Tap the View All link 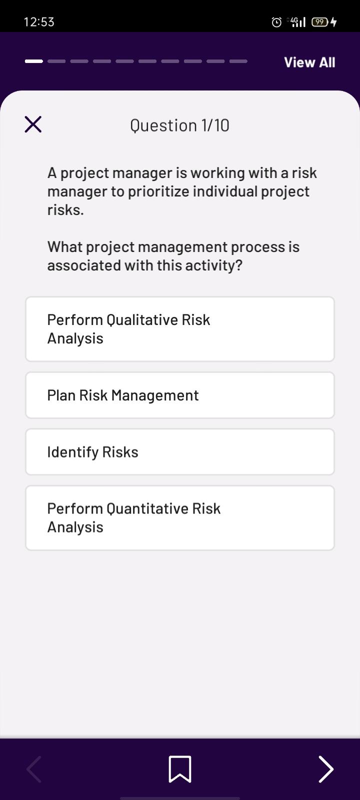click(309, 62)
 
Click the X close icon click(33, 124)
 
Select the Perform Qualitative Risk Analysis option click(180, 329)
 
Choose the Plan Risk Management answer click(180, 395)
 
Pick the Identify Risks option click(180, 452)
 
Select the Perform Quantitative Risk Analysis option click(180, 518)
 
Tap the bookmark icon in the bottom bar click(180, 769)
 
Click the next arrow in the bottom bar click(325, 769)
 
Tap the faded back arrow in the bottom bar click(34, 769)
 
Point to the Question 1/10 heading click(179, 125)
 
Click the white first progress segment click(34, 61)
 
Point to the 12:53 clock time click(39, 22)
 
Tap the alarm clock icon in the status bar click(276, 22)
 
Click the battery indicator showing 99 click(320, 22)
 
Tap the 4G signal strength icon click(297, 22)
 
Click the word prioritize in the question click(158, 192)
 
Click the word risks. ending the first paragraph click(65, 210)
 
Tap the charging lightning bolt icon click(333, 22)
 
